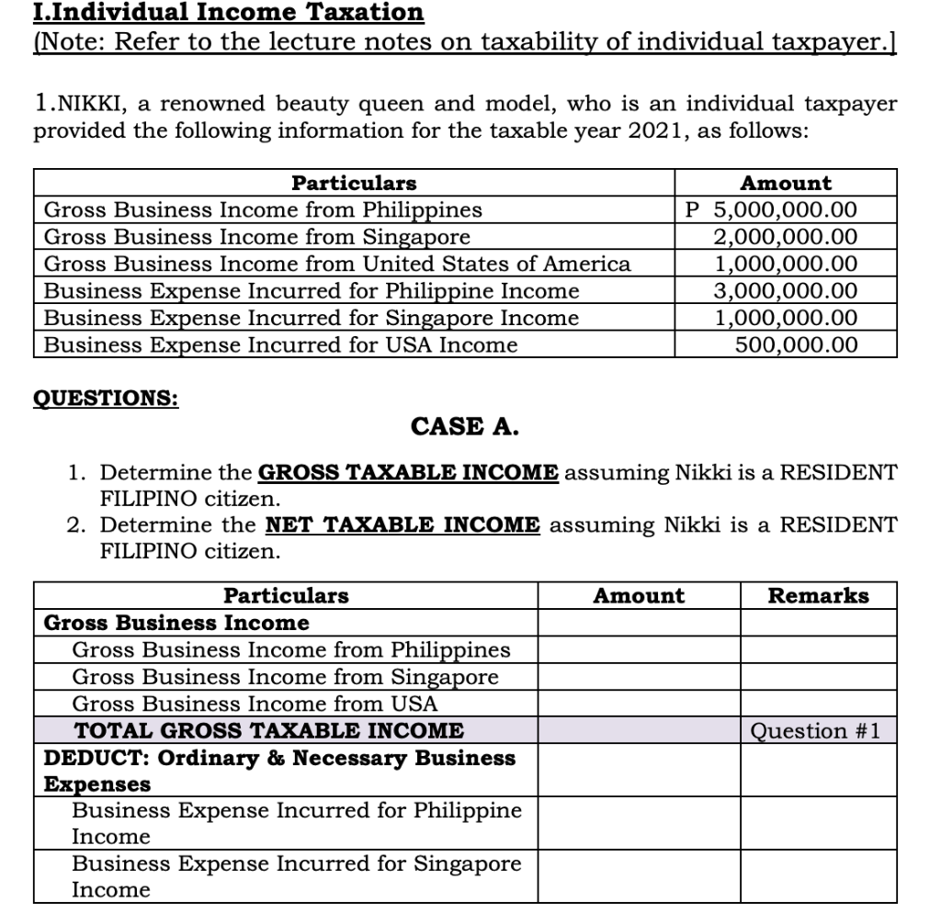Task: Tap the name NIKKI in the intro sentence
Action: (84, 104)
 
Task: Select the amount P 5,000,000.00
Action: (772, 210)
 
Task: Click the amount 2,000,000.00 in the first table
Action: (786, 237)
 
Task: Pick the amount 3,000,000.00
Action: (786, 291)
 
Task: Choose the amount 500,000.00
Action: (796, 344)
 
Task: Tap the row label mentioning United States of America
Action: (337, 265)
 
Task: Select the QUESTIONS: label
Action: (106, 399)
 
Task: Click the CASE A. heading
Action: (465, 427)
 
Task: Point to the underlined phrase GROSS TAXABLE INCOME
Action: (408, 473)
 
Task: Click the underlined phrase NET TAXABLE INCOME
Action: (402, 525)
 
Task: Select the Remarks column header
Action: (818, 595)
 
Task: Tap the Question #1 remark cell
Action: (815, 731)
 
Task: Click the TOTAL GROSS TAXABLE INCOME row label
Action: (268, 731)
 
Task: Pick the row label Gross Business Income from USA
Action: (255, 704)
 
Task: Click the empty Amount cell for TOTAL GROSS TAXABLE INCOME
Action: (639, 731)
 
